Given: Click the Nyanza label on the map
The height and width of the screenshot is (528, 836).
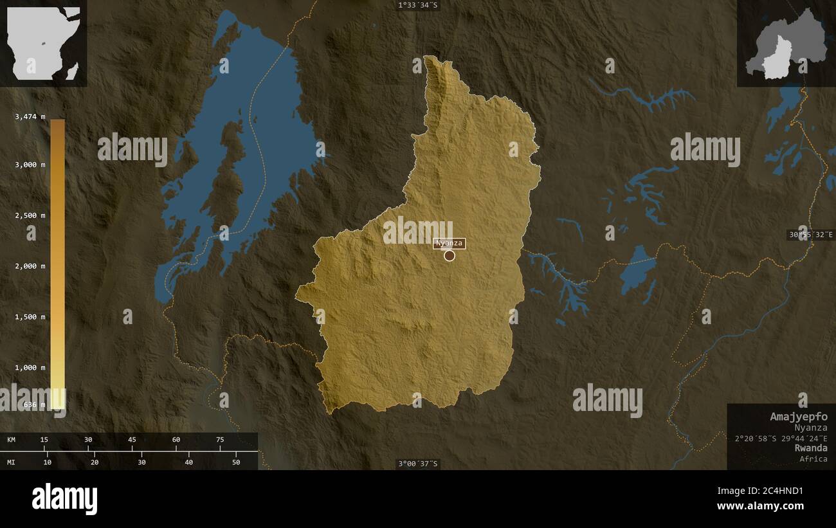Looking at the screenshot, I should click(x=449, y=243).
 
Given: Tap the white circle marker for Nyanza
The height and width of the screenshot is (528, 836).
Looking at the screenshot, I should click(x=450, y=255).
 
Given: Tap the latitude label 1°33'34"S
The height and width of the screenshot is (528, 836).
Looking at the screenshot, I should click(x=418, y=5).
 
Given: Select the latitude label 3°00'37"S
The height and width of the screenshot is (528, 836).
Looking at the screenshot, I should click(x=418, y=464).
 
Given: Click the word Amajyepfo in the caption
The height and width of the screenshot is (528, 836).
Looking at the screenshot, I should click(x=799, y=417).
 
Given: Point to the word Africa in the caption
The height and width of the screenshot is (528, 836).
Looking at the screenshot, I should click(x=813, y=459).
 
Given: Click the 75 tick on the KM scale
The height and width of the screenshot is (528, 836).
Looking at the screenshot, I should click(x=220, y=439).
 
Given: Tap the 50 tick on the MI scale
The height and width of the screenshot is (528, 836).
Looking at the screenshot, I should click(x=236, y=462).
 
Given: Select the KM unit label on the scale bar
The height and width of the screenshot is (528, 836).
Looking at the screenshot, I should click(x=12, y=439).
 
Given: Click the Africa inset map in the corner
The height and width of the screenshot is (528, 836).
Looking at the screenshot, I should click(x=43, y=43).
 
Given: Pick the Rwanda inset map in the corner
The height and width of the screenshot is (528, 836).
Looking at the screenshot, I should click(x=786, y=44).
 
